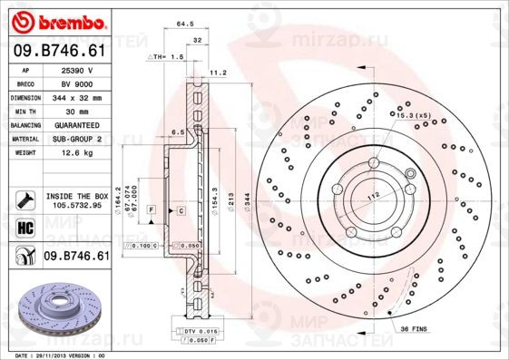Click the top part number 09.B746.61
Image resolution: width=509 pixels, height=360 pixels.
coord(60,53)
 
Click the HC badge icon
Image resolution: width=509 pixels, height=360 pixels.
coord(25,227)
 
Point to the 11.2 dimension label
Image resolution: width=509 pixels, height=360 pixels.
coord(218,71)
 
